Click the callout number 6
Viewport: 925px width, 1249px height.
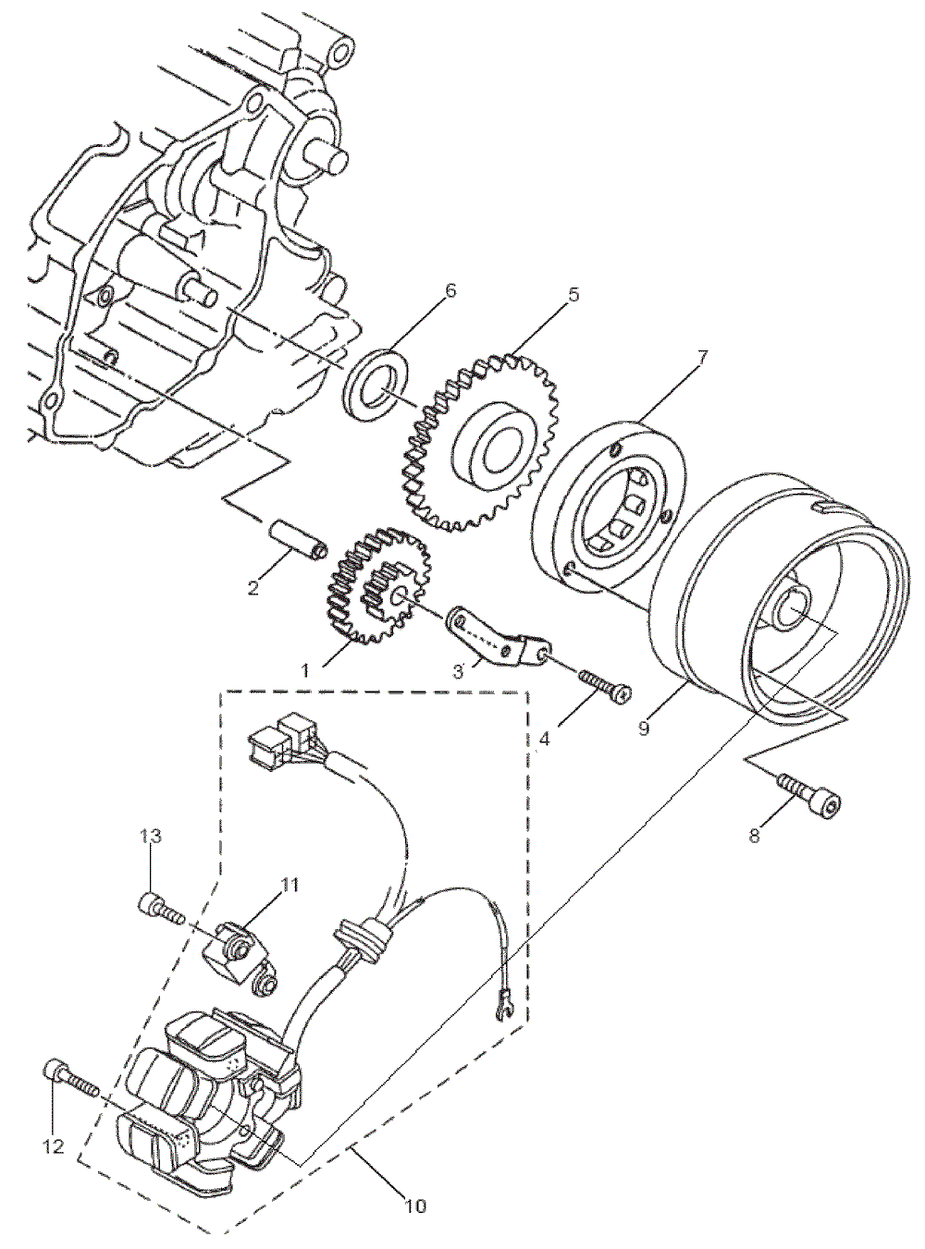point(450,291)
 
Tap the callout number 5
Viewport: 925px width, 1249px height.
point(573,295)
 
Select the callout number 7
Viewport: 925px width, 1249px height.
point(702,358)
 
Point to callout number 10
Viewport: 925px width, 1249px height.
point(415,1206)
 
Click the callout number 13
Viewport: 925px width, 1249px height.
point(151,836)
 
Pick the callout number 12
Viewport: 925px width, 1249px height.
point(54,1146)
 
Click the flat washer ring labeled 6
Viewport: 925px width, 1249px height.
point(376,384)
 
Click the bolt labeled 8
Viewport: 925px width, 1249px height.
point(812,795)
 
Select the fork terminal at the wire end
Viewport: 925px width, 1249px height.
point(503,1002)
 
